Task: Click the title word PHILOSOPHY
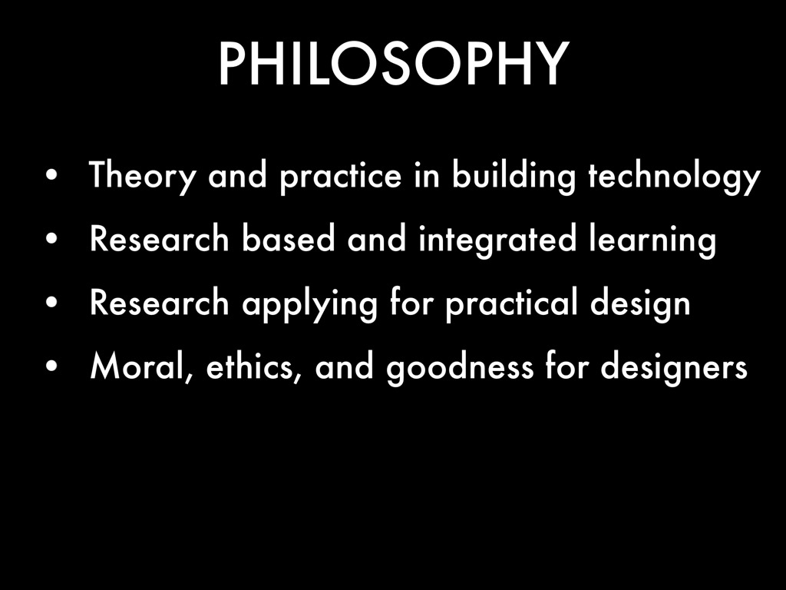point(394,65)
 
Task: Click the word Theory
point(142,177)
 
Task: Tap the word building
point(514,177)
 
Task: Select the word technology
point(674,177)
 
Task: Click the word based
point(289,239)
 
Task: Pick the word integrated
point(497,240)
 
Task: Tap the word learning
point(652,240)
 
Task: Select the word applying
point(309,304)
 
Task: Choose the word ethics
point(254,366)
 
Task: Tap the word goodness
point(460,368)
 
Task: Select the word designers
point(674,368)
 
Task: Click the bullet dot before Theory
point(51,176)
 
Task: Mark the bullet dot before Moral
point(51,366)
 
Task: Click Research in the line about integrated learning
point(160,239)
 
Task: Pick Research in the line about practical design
point(160,302)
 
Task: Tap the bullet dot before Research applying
point(51,303)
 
